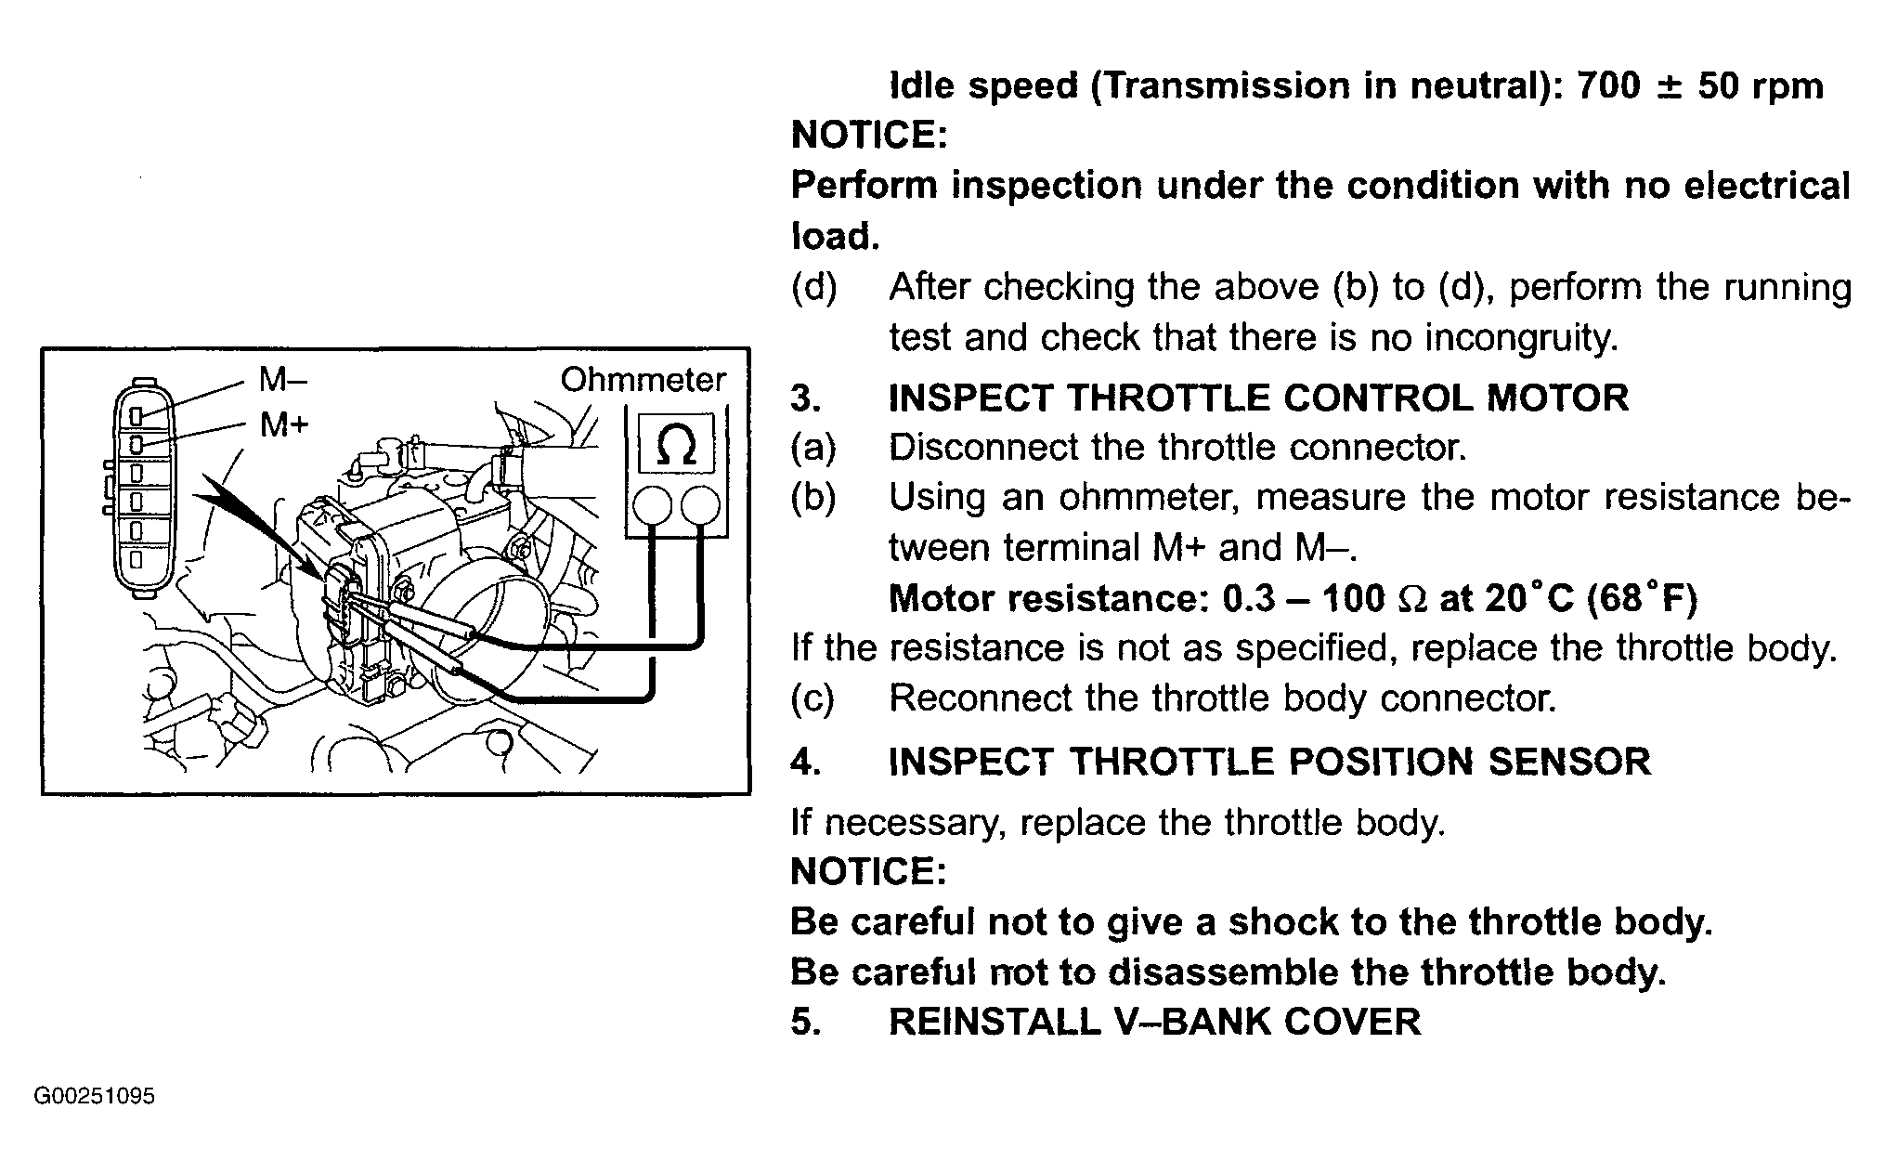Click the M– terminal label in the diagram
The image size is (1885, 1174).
282,379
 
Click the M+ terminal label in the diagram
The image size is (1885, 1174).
283,425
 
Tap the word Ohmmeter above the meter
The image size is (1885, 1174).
643,380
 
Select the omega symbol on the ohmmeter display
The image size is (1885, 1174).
675,447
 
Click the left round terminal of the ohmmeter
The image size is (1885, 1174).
652,506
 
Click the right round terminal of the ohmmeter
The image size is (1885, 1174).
700,506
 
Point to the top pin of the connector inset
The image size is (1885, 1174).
136,415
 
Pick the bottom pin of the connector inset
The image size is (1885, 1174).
136,560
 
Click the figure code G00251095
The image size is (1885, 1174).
94,1097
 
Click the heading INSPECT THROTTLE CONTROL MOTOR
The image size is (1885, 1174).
1258,398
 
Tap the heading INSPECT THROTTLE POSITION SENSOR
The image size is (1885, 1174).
1269,762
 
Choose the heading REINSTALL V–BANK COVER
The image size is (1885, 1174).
1154,1022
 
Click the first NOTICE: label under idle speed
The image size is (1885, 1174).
868,136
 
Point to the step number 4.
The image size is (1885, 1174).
804,762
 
